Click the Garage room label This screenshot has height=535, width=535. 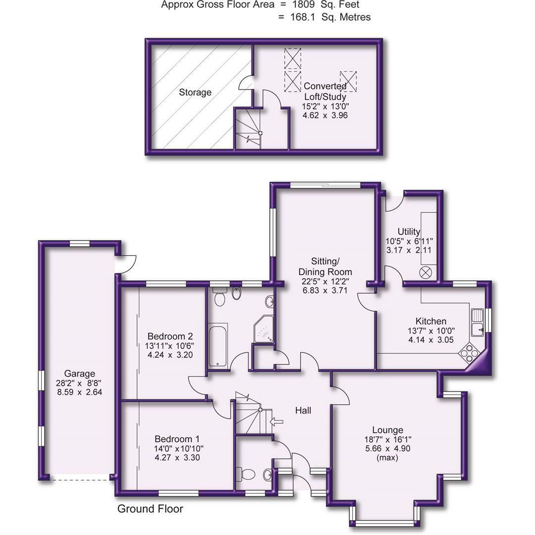point(79,374)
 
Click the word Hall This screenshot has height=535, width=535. point(303,410)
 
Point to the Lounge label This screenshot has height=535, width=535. point(387,430)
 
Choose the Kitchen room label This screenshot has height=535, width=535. point(431,321)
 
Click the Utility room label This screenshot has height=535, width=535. point(409,231)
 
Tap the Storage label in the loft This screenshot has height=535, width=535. point(195,92)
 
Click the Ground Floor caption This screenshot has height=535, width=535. point(150,509)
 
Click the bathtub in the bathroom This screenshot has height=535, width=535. point(217,345)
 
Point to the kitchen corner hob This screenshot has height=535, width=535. point(469,353)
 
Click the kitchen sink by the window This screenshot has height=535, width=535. point(478,321)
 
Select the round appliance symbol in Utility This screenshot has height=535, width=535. point(426,272)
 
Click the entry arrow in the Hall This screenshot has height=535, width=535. point(276,422)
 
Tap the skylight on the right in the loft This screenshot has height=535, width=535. point(349,81)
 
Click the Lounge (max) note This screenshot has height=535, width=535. point(387,458)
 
